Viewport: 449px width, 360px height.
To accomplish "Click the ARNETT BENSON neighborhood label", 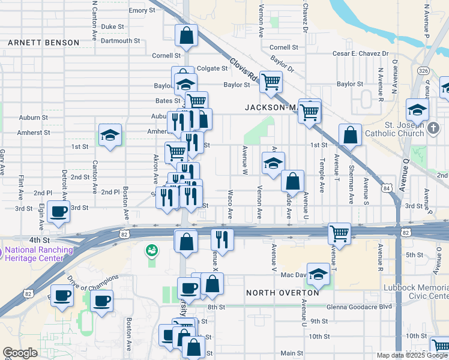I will pos(43,43).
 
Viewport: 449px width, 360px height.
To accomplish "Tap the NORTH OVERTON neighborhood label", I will pos(283,292).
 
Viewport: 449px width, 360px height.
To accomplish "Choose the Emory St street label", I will pos(142,11).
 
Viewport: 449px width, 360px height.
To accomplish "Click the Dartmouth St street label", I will pos(120,41).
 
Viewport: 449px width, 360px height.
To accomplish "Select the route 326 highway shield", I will pos(424,71).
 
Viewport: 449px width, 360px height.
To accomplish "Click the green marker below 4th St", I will pos(152,250).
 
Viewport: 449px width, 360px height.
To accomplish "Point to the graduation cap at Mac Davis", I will pos(319,274).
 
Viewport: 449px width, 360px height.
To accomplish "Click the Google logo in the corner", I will pos(20,353).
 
